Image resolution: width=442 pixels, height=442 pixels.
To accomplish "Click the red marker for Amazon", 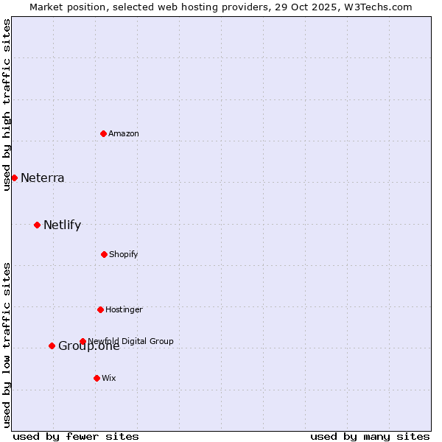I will pos(104,133).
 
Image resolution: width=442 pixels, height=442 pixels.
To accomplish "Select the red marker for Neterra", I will pos(14,178).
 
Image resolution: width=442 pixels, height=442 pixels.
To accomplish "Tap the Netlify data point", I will pos(37,225).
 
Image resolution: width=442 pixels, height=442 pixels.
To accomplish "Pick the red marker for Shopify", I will pos(104,254).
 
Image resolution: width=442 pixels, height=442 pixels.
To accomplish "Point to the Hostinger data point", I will pos(100,309).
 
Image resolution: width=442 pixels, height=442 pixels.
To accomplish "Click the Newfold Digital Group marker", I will pos(83,341).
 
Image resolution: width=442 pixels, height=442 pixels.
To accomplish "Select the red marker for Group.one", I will pos(52,345).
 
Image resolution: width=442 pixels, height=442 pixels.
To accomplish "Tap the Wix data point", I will pos(97,378).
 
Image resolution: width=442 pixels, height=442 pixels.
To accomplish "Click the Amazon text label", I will pos(124,133).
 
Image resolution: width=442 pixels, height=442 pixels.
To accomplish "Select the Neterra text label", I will pos(42,178).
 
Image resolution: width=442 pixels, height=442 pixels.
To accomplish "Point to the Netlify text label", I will pos(62,225).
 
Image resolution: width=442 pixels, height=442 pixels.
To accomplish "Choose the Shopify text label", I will pos(124,254).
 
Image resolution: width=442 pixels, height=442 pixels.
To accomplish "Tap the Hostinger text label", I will pos(124,309).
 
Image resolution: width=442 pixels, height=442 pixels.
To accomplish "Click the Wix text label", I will pos(109,378).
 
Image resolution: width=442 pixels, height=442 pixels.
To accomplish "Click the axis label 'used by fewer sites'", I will pos(76,436).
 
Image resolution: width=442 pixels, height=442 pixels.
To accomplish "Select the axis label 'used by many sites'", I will pos(370,436).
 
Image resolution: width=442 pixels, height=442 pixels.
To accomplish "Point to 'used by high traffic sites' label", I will pos(7,105).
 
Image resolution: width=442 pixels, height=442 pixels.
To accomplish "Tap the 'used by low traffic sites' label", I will pos(7,344).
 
